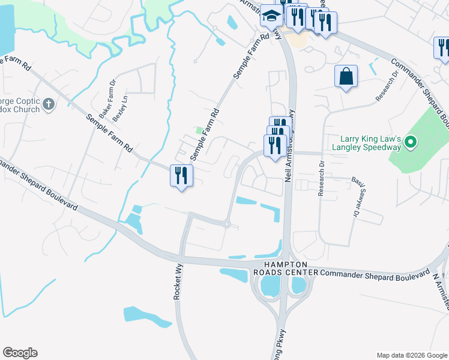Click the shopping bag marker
[346, 77]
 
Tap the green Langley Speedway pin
[411, 142]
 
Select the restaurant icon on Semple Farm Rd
[181, 176]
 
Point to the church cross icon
[49, 106]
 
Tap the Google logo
[20, 353]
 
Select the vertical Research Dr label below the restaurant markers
[322, 179]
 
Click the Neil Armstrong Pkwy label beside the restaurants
[290, 146]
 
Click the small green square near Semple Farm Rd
[199, 130]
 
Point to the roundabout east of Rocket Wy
[227, 225]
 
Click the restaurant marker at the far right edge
[443, 47]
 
